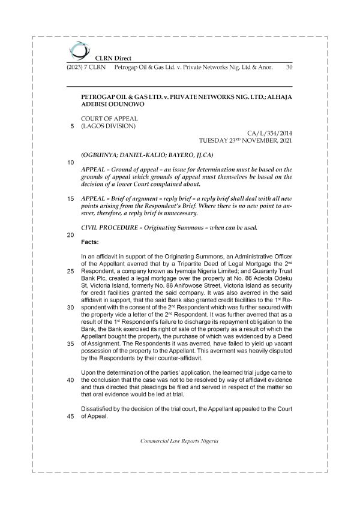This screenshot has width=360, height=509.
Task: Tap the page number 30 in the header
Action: [x=289, y=68]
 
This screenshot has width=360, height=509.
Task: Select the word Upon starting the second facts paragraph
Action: [x=88, y=373]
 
